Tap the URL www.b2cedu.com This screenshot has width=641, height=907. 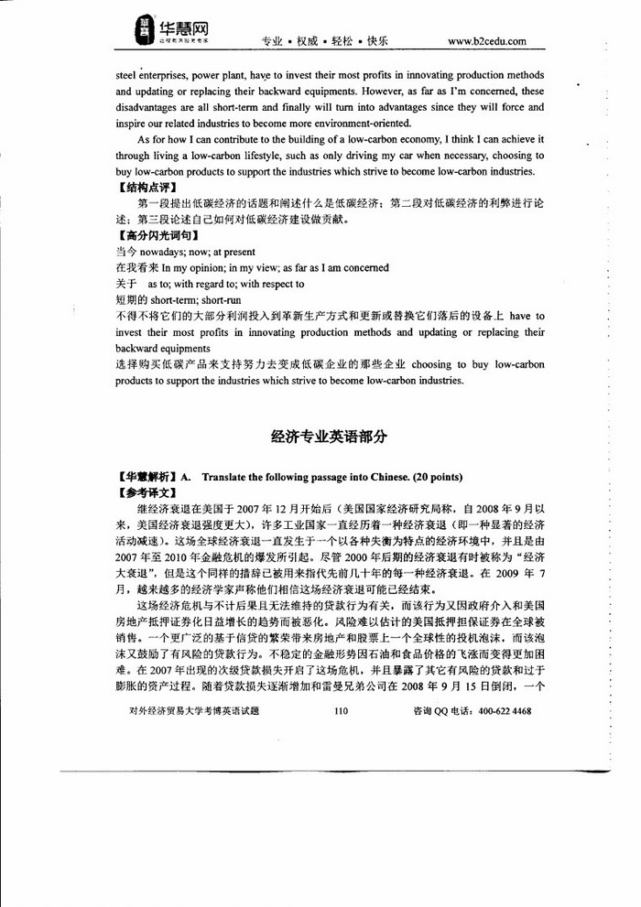[486, 41]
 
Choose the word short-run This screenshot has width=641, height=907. [220, 300]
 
